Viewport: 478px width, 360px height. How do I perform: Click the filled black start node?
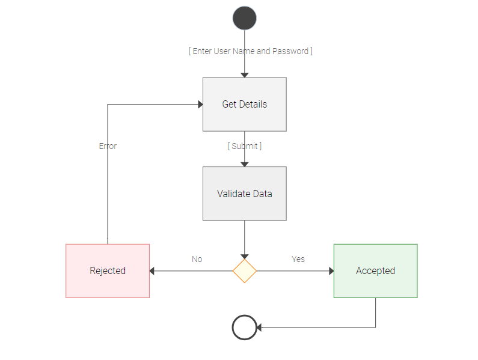pyautogui.click(x=244, y=18)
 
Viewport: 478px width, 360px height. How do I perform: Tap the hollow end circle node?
pyautogui.click(x=244, y=328)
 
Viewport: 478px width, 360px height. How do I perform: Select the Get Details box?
pyautogui.click(x=244, y=104)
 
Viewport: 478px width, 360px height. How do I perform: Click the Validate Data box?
pyautogui.click(x=244, y=194)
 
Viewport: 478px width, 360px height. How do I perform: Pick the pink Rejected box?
pyautogui.click(x=108, y=270)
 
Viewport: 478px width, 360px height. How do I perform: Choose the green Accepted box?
pyautogui.click(x=375, y=270)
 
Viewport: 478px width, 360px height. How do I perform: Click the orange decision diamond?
pyautogui.click(x=244, y=271)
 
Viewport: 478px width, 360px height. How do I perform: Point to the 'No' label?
pyautogui.click(x=197, y=259)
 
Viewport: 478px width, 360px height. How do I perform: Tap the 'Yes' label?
pyautogui.click(x=298, y=259)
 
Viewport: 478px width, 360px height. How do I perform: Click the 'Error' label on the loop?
pyautogui.click(x=108, y=146)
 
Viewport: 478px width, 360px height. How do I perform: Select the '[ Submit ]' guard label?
pyautogui.click(x=244, y=146)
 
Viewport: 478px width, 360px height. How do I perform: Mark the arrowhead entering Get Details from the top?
pyautogui.click(x=244, y=75)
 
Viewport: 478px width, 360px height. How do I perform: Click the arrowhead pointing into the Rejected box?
pyautogui.click(x=153, y=271)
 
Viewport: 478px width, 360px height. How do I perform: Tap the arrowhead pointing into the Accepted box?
pyautogui.click(x=331, y=271)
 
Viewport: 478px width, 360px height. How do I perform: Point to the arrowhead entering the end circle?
pyautogui.click(x=260, y=328)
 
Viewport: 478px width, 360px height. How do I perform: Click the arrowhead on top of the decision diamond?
pyautogui.click(x=244, y=256)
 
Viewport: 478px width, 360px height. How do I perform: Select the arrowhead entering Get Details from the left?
pyautogui.click(x=200, y=105)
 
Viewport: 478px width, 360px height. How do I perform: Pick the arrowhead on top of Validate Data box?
pyautogui.click(x=244, y=164)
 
